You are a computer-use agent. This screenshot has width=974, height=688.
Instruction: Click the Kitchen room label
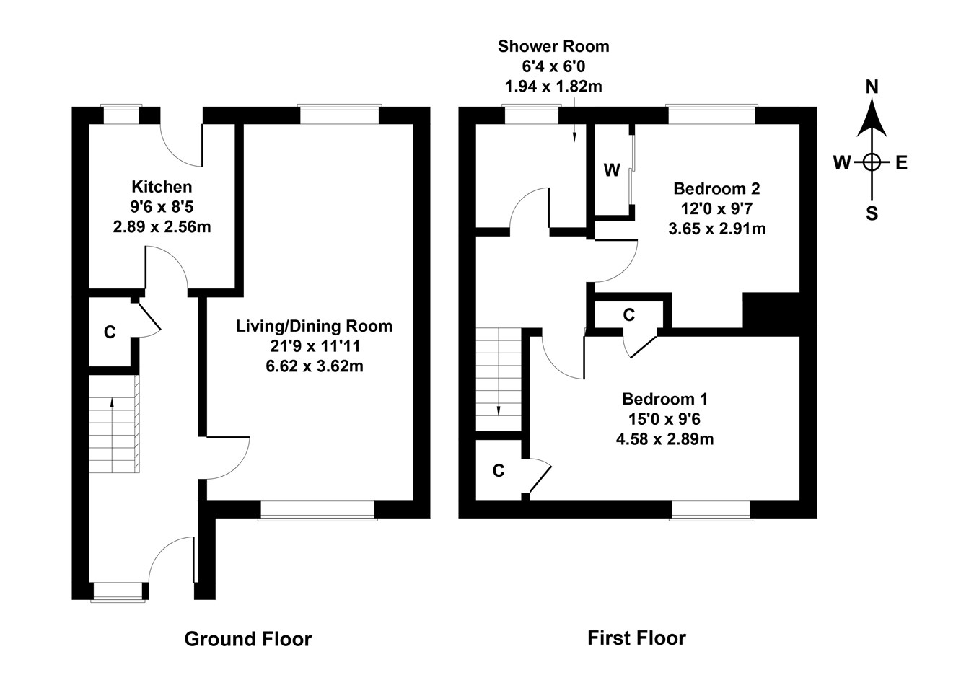pos(162,187)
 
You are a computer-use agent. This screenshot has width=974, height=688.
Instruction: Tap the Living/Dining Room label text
pos(314,326)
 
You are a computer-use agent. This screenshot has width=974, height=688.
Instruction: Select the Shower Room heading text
pos(553,47)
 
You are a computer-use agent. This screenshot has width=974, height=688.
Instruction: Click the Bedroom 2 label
pos(716,189)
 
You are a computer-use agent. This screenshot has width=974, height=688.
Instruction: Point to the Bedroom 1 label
pos(664,399)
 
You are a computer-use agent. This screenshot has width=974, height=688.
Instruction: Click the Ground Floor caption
pos(248,639)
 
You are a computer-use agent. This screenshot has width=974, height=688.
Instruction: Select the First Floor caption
pos(636,638)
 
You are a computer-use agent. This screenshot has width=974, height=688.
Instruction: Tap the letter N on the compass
pos(872,87)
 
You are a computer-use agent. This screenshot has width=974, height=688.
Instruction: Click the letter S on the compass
pos(872,213)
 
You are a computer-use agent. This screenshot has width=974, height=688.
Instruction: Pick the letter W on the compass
pos(842,163)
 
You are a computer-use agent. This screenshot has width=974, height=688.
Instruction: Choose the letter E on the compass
pos(901,163)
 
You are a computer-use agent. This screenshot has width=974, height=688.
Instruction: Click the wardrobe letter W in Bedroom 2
pos(612,170)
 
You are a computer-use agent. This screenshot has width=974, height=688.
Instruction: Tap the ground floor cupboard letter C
pos(110,332)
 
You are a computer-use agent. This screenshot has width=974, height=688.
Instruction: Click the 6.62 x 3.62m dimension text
pos(314,366)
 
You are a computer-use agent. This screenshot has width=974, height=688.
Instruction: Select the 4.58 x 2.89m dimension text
pos(664,439)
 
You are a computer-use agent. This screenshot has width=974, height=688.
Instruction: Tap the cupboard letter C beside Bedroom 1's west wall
pos(498,471)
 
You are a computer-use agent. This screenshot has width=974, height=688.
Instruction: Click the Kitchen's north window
pos(121,115)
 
